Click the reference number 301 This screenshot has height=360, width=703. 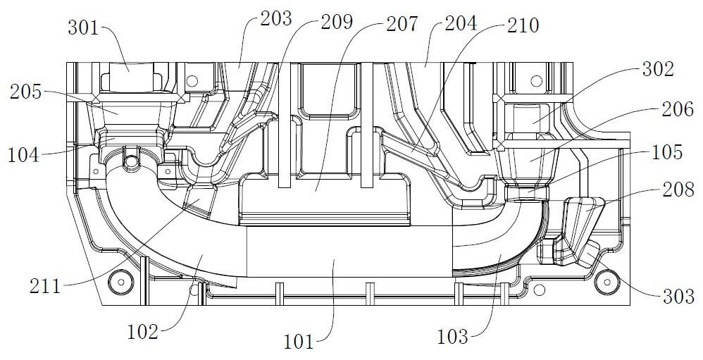coord(83,27)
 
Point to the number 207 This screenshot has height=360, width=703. coord(402,23)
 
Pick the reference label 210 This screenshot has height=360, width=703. coord(523,25)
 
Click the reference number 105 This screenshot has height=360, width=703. coord(667,152)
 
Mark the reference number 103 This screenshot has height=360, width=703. coord(453,336)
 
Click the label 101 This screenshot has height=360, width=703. coord(299,342)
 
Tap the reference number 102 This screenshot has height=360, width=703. coord(143,333)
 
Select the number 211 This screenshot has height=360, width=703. coord(45,287)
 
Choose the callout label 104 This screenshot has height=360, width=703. coord(23,156)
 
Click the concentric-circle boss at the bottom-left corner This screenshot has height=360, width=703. coord(121,282)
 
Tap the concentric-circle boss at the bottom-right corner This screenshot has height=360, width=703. coord(607,283)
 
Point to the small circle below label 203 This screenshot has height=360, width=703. coord(192,81)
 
